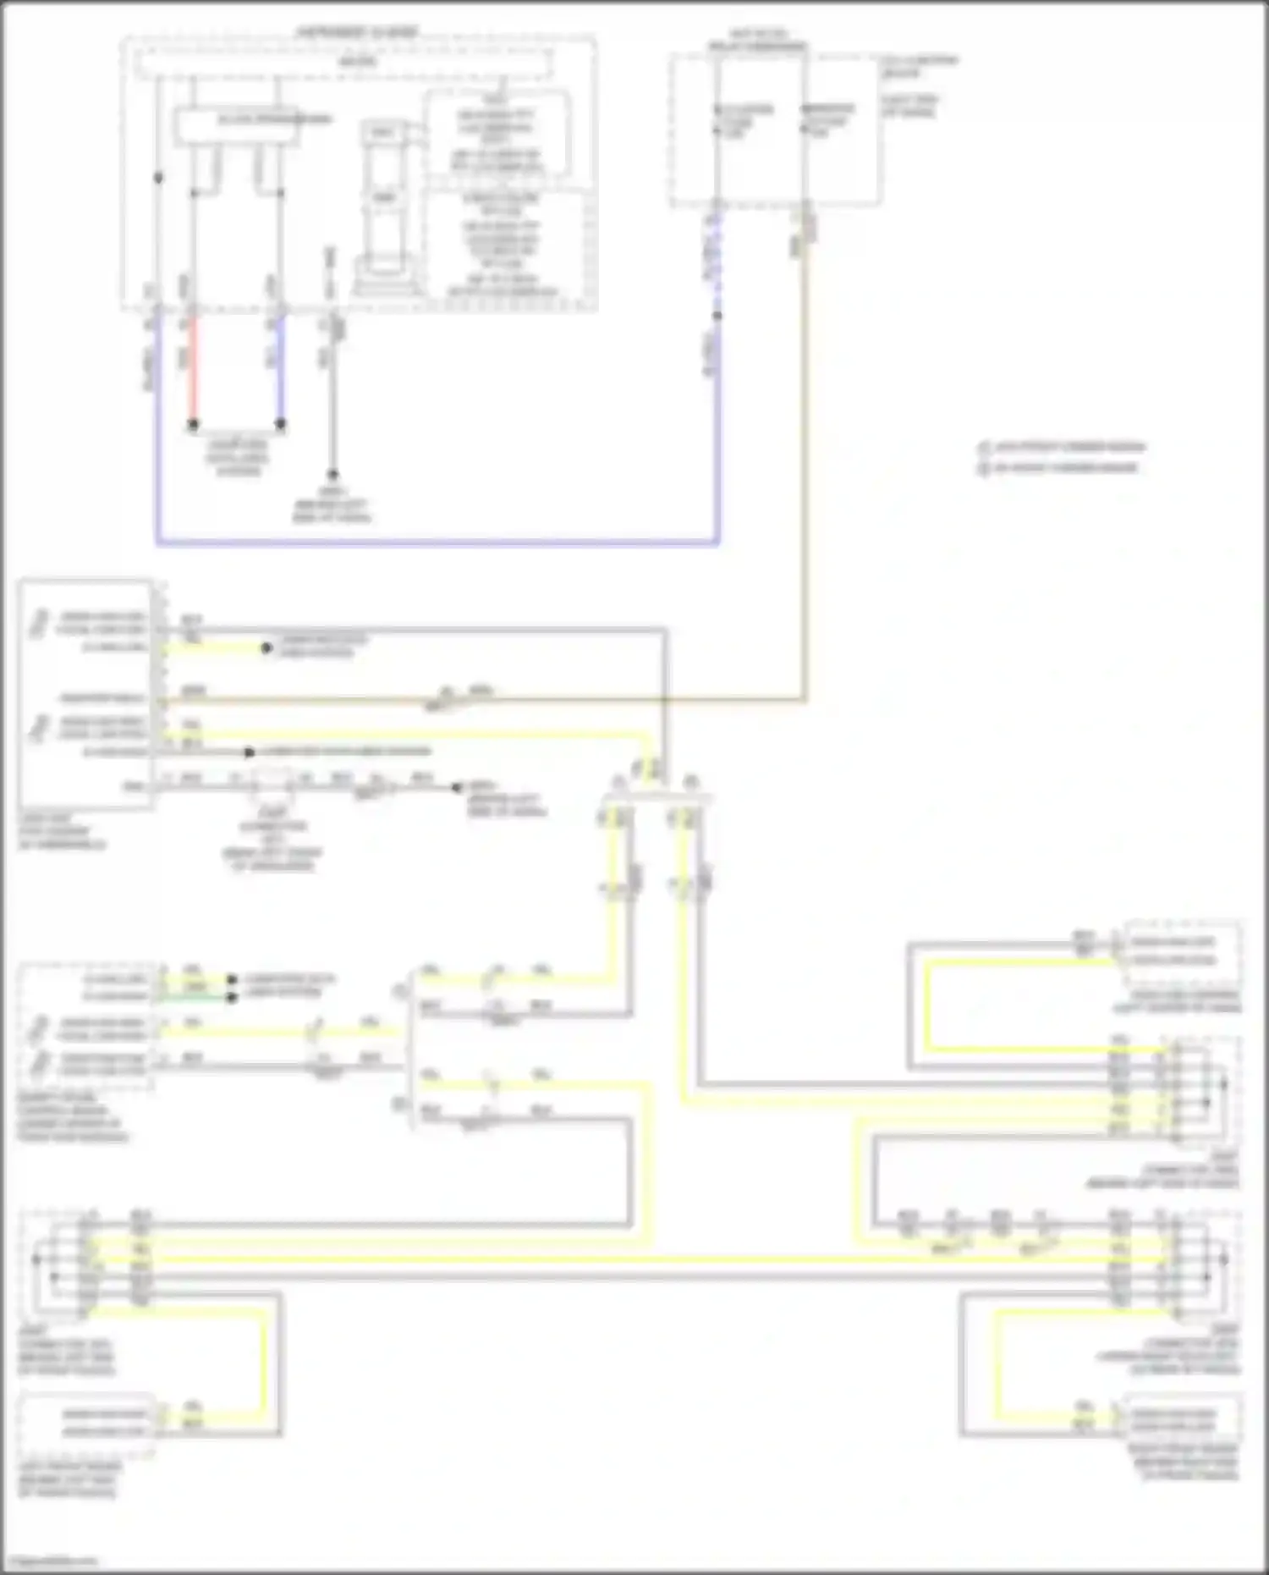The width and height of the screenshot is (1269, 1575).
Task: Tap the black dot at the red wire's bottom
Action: click(x=193, y=424)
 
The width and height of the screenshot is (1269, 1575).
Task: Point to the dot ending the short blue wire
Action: click(x=281, y=424)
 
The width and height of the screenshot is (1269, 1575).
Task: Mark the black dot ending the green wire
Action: click(x=232, y=997)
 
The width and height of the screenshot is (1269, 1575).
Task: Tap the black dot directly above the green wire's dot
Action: click(x=232, y=980)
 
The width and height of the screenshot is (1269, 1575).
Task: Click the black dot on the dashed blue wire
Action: click(x=717, y=316)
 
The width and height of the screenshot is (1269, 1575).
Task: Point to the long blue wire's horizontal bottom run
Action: click(x=437, y=542)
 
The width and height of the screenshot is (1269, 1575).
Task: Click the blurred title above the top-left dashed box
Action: click(x=357, y=32)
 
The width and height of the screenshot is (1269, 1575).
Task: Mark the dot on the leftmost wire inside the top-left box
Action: click(x=158, y=178)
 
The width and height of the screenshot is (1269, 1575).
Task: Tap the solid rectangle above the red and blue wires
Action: click(x=237, y=125)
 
